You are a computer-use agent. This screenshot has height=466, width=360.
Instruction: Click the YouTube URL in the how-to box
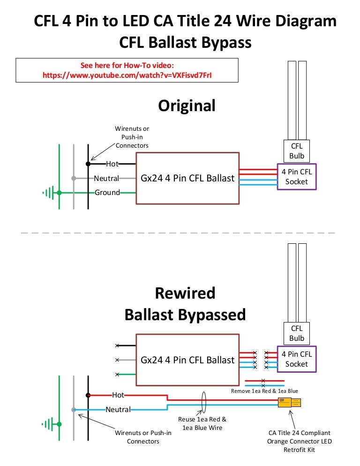[130, 75]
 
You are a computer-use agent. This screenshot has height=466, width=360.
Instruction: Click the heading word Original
[187, 105]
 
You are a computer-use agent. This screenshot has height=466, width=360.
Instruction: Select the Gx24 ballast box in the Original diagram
[187, 178]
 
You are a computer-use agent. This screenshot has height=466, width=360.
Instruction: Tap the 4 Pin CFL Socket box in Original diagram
[297, 177]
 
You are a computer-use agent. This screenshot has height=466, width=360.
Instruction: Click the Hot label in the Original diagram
[112, 164]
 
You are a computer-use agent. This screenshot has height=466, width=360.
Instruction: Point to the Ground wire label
[107, 192]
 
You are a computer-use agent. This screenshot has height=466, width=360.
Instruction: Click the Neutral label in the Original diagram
[106, 178]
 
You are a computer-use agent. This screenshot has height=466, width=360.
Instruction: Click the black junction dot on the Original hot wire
[88, 164]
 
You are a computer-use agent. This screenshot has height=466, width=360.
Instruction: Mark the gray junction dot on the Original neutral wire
[74, 178]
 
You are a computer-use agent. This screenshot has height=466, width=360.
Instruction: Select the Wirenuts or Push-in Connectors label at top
[132, 137]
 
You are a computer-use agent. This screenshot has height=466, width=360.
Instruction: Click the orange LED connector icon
[289, 402]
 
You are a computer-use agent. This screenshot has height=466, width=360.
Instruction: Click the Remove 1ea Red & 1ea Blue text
[264, 391]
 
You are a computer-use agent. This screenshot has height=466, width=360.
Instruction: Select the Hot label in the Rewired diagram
[118, 395]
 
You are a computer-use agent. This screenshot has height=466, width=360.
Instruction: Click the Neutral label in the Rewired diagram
[118, 409]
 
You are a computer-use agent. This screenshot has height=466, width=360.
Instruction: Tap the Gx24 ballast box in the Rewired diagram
[187, 360]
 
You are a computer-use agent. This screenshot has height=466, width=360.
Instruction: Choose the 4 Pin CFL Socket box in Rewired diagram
[297, 359]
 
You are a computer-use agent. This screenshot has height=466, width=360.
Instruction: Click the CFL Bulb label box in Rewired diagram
[297, 333]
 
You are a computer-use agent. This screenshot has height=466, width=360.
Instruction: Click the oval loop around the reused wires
[204, 402]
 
